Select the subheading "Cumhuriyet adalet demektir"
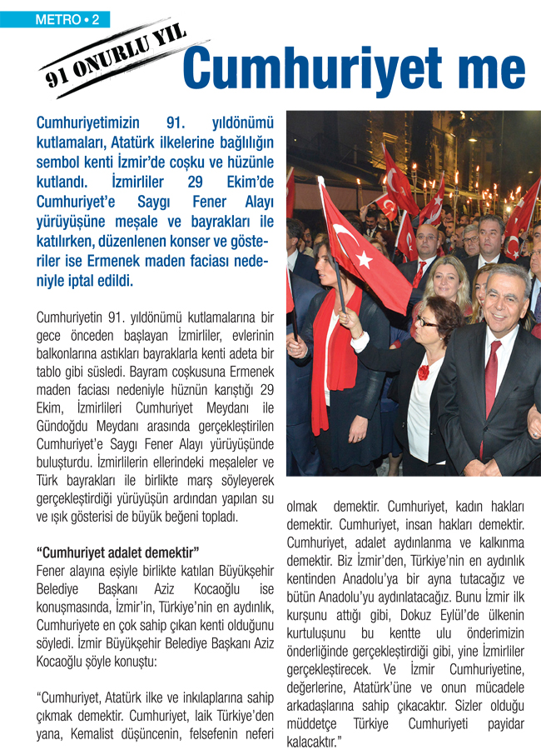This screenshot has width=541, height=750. point(118,552)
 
